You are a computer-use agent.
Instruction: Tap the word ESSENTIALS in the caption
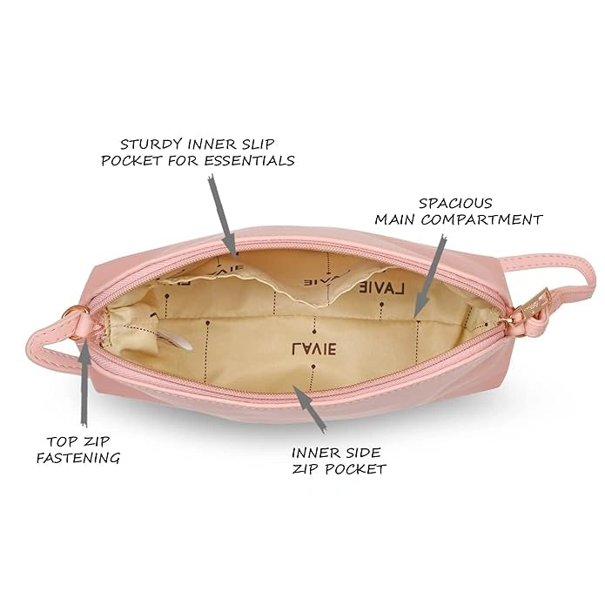coord(249,160)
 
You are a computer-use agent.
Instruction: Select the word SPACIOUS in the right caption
coord(455,203)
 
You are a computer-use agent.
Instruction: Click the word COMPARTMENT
coord(481,219)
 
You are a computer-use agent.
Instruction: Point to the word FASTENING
coord(78,458)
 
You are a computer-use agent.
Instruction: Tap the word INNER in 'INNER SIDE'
coord(312,453)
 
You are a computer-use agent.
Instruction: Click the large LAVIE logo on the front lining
coord(313,348)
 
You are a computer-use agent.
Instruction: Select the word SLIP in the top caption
coord(259,145)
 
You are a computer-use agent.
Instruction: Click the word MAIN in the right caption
coord(395,219)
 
